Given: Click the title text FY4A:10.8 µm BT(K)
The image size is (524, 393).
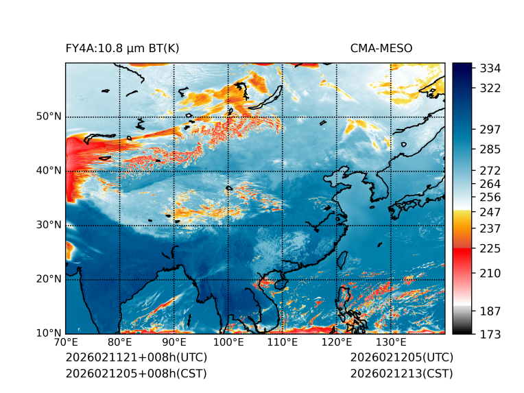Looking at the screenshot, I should coord(123,48).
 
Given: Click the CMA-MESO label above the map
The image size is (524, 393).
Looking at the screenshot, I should coord(381,48).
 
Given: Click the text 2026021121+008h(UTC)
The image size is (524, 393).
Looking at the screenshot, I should coord(136,358).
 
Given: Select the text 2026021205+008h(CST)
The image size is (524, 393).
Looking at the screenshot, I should coord(136,374).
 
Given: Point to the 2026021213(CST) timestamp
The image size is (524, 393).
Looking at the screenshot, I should coord(401,374).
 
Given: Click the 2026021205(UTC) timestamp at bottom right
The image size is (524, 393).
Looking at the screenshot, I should coord(401,358).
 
